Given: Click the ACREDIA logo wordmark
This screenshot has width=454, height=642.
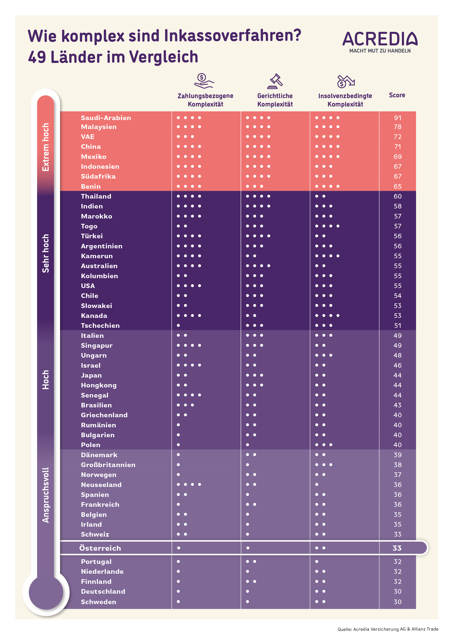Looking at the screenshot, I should [380, 39].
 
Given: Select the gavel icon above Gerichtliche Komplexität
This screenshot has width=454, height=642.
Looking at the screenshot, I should [275, 81].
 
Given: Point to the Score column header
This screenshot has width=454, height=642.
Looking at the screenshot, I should [397, 95].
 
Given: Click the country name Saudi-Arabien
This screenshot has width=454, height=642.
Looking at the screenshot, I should [106, 118].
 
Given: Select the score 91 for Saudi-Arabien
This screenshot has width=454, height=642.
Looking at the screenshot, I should [397, 118].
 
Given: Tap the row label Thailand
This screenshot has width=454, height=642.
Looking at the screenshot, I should [96, 196].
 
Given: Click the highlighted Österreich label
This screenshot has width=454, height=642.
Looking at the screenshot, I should [100, 548].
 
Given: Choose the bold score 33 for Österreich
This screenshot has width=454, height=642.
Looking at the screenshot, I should [397, 548].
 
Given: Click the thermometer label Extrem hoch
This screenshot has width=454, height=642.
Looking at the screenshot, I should [46, 147].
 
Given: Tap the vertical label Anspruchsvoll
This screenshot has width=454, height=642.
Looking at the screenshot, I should [46, 495].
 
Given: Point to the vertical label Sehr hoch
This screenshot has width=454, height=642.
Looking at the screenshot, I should [46, 253].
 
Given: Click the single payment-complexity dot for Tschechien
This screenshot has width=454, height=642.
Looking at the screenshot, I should [178, 325].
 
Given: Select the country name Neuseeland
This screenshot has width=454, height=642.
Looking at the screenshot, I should [101, 485].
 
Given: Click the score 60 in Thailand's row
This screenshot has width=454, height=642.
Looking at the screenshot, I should [397, 196].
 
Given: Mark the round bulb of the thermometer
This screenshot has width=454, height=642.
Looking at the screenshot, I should [46, 592].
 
